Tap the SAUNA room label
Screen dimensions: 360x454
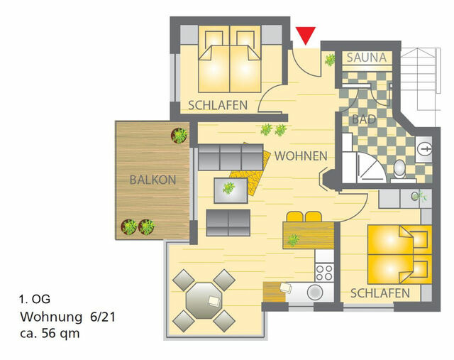click(367, 58)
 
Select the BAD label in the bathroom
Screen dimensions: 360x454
click(364, 119)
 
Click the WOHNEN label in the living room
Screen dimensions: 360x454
click(301, 156)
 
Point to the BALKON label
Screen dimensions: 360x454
click(153, 180)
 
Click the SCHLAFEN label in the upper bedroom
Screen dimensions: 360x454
click(218, 105)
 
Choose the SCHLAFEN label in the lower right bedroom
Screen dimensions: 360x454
click(380, 293)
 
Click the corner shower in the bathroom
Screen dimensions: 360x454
click(369, 171)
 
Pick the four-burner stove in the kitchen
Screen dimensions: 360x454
click(324, 272)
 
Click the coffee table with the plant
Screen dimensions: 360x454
click(231, 189)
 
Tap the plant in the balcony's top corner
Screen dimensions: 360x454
click(180, 135)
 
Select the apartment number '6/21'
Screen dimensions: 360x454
click(102, 316)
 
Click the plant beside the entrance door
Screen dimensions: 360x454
click(330, 60)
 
